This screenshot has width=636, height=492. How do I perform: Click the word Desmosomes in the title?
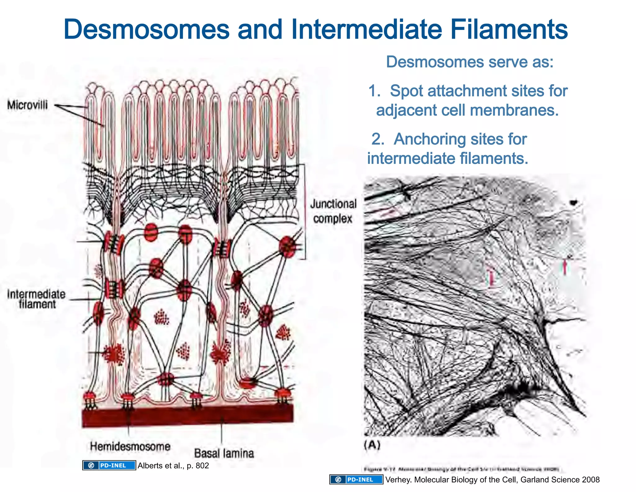pos(146,30)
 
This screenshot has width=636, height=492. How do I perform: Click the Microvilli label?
pos(27,105)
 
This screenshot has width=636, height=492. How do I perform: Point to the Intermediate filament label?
pos(36,299)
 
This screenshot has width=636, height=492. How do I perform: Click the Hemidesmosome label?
pos(130,447)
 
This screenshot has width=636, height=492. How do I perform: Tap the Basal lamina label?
pos(224,453)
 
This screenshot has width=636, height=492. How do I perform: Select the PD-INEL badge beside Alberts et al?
pos(109,466)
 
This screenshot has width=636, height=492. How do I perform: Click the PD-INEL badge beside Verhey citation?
pos(356,480)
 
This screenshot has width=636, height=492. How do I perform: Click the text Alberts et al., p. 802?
pos(173,466)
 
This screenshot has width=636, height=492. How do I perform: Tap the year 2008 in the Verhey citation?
pos(591,480)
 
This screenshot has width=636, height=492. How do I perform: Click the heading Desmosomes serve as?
pos(470,62)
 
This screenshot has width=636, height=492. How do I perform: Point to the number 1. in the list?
pos(375,91)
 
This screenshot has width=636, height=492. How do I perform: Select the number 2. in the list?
pos(378,139)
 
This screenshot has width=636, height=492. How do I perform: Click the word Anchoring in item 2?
pos(427,139)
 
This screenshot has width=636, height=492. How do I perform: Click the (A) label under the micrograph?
pos(372,445)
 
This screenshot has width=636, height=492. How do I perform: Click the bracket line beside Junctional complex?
pos(305,211)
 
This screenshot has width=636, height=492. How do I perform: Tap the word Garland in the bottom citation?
pos(534,480)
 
